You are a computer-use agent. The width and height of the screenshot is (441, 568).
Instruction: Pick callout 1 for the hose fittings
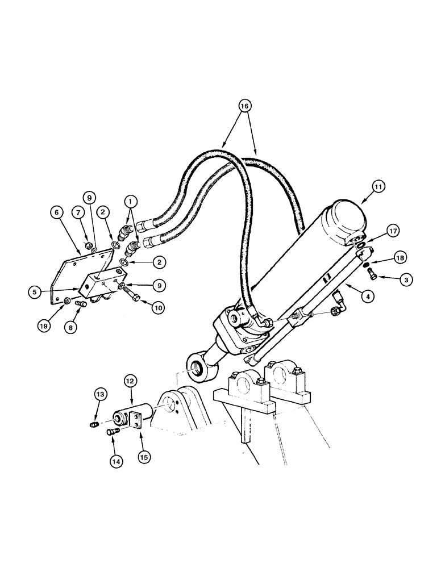pos(130,201)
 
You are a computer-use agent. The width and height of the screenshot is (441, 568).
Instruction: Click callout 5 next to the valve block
pos(36,293)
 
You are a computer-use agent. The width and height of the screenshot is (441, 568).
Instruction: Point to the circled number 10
pos(158,308)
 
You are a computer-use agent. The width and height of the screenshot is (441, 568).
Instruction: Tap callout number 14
pos(116,462)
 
